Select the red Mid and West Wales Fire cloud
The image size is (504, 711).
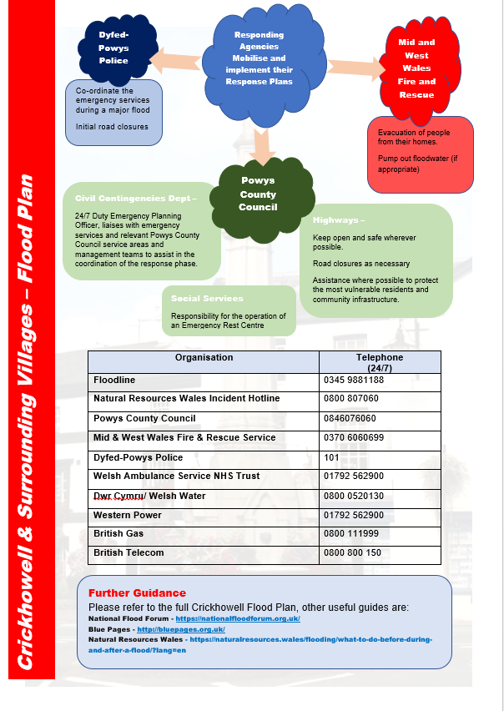point(416,66)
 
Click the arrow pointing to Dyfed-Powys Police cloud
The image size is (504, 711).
point(179,60)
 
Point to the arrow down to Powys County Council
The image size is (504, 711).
point(261,146)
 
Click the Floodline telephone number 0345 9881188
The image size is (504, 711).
point(354,380)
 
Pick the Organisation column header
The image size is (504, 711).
point(204,357)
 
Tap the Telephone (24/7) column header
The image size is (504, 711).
point(380,362)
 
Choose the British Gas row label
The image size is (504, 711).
point(118,533)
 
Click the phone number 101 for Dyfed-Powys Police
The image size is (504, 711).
point(330,456)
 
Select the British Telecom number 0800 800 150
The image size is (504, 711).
point(352,552)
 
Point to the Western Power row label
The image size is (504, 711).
point(126,514)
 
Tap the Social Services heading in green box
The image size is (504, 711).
point(207,298)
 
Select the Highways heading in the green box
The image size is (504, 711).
point(339,220)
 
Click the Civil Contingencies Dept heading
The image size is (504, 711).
point(135,199)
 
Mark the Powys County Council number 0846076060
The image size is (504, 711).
point(350,418)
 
